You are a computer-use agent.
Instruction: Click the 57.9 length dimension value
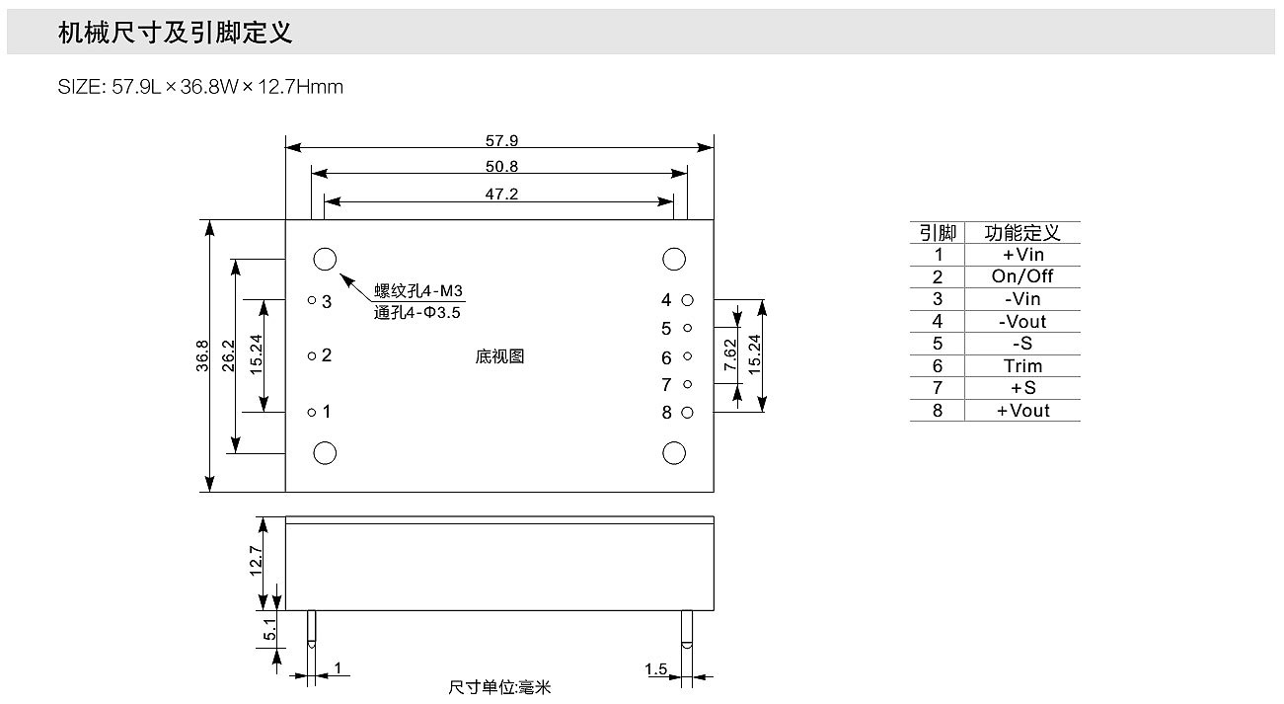pos(501,141)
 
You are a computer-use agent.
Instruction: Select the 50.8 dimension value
pos(501,167)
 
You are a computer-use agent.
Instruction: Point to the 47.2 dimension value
pos(501,195)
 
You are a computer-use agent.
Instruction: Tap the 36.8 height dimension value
pos(202,355)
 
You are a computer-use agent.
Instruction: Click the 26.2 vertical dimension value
pos(229,355)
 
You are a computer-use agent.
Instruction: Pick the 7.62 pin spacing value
pos(730,355)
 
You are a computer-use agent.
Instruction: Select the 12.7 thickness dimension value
pos(256,562)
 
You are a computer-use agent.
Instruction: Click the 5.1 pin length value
pos(270,628)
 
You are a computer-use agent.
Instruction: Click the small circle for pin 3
pos(312,299)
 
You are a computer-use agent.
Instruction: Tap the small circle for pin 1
pos(312,412)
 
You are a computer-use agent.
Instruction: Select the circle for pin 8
pos(688,412)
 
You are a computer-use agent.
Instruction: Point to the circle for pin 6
pos(688,356)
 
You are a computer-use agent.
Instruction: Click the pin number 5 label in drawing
pos(666,329)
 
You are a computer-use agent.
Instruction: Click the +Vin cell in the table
pos(1022,255)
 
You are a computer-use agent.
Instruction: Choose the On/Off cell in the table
pos(1022,276)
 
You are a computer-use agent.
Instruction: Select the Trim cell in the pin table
pos(1022,366)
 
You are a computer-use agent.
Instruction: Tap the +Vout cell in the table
pos(1022,411)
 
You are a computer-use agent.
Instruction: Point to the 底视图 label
pos(499,356)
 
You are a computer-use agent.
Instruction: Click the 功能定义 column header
pos(1022,233)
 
